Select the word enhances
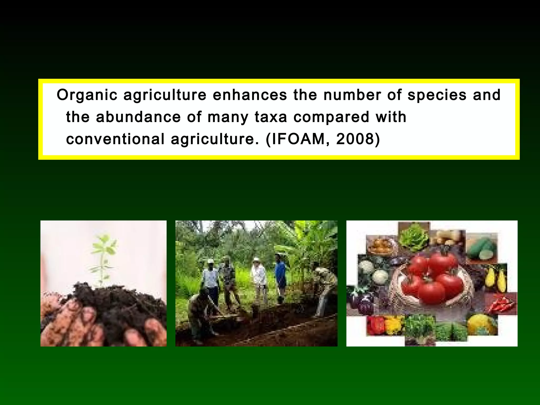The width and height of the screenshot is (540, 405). point(250,95)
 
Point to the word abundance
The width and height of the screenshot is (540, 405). point(138,117)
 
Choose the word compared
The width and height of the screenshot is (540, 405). point(331,117)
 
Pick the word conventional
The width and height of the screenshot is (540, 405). point(115,139)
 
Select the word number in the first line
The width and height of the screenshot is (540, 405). point(352,95)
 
